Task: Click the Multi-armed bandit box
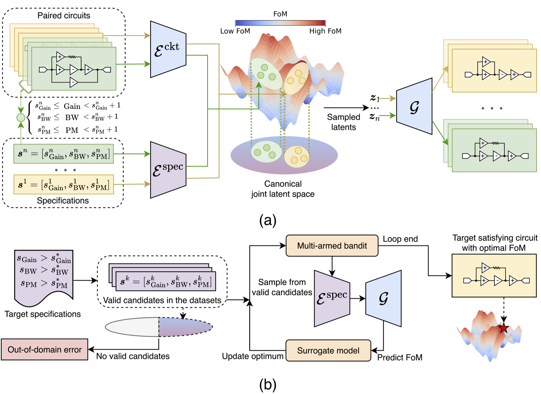(x=332, y=246)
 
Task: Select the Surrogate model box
(x=328, y=350)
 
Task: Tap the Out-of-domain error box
(x=44, y=350)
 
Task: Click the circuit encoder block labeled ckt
(x=168, y=50)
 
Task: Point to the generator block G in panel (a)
(x=414, y=107)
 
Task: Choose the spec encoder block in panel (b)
(x=332, y=299)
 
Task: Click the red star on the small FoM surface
(x=504, y=328)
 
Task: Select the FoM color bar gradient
(x=280, y=23)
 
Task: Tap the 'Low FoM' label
(x=235, y=31)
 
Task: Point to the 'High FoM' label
(x=325, y=31)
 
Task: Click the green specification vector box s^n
(x=63, y=154)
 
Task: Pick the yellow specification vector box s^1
(x=63, y=184)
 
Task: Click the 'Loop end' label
(x=400, y=239)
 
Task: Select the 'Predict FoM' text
(x=400, y=357)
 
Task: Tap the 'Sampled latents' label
(x=344, y=122)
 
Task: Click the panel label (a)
(x=267, y=221)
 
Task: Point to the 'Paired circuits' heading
(x=64, y=16)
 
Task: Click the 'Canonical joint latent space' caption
(x=283, y=189)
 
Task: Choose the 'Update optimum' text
(x=253, y=356)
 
